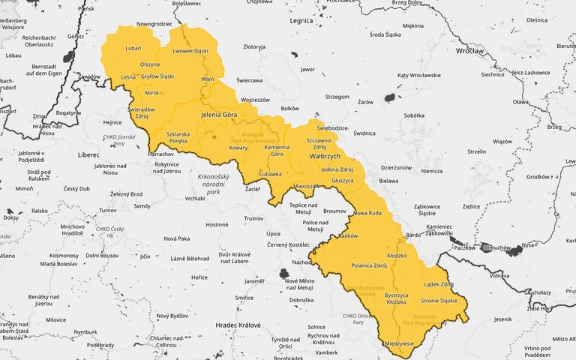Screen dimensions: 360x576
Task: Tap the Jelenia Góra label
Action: (x=219, y=115)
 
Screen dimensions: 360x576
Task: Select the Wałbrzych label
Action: (x=325, y=155)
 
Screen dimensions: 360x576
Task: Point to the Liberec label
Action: (x=88, y=154)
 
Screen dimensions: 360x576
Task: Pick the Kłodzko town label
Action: (x=396, y=256)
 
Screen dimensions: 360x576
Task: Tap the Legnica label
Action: (x=301, y=20)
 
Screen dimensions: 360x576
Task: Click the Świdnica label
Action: (x=364, y=133)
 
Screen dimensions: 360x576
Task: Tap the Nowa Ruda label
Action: (x=367, y=213)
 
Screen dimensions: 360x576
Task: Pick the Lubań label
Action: (x=133, y=48)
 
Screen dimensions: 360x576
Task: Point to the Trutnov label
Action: (x=254, y=218)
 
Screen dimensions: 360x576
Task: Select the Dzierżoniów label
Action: (x=397, y=167)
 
